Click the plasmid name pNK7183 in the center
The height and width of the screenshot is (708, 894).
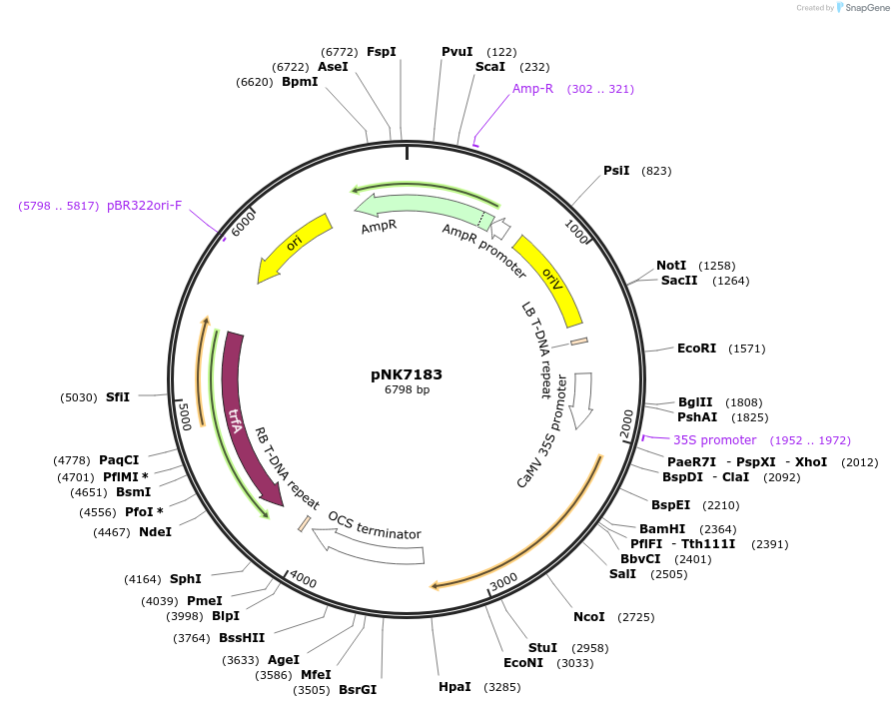pyautogui.click(x=407, y=374)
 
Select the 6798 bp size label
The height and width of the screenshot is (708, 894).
pyautogui.click(x=407, y=390)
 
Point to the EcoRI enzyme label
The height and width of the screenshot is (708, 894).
pyautogui.click(x=696, y=349)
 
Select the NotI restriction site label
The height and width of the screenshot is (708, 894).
pyautogui.click(x=671, y=266)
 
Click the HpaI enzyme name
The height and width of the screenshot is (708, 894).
pyautogui.click(x=454, y=687)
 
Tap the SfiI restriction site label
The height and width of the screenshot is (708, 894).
pyautogui.click(x=118, y=396)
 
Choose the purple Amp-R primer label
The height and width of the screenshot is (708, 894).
pyautogui.click(x=532, y=89)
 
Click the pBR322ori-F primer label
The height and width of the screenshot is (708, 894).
pyautogui.click(x=144, y=206)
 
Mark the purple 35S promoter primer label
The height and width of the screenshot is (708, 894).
pyautogui.click(x=714, y=440)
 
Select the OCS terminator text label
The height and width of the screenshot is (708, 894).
pyautogui.click(x=375, y=526)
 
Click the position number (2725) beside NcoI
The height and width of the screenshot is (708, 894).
pyautogui.click(x=635, y=617)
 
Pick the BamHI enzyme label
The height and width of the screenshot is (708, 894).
pyautogui.click(x=662, y=529)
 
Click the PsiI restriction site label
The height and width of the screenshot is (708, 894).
pyautogui.click(x=616, y=171)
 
